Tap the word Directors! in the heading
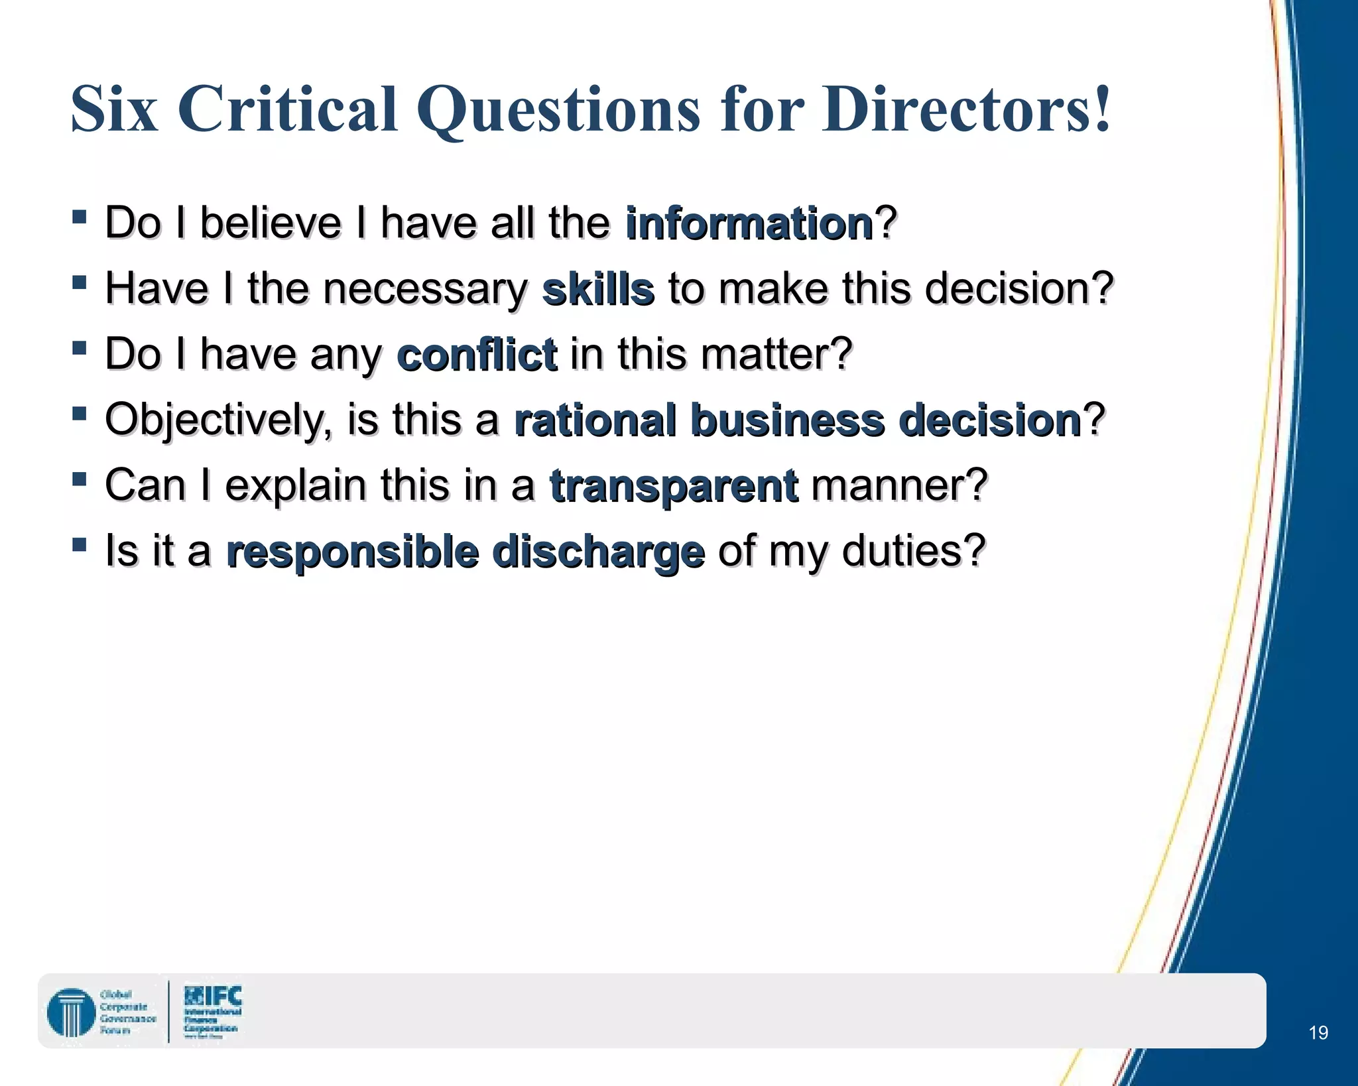[x=965, y=109]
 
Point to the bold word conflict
[x=477, y=354]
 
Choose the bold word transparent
[x=674, y=485]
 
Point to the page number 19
[x=1318, y=1032]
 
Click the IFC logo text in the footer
[x=214, y=996]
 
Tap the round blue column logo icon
[x=71, y=1012]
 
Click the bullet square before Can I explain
[x=80, y=479]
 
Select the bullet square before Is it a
[x=80, y=545]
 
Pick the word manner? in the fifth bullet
[x=899, y=485]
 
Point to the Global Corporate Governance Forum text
[x=127, y=1012]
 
